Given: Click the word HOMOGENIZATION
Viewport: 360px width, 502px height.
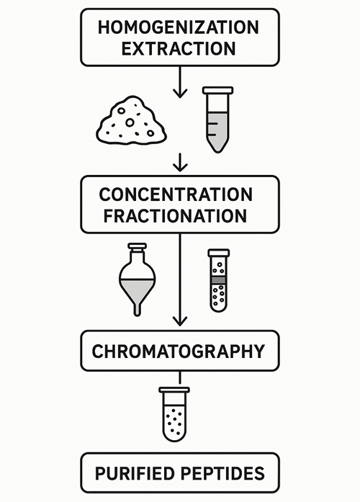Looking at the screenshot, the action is click(x=179, y=27).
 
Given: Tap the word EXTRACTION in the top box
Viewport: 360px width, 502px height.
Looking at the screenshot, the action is click(x=179, y=49).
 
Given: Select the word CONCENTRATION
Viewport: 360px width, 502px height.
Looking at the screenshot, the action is click(x=176, y=194).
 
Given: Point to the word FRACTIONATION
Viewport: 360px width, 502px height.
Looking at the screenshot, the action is click(x=175, y=216).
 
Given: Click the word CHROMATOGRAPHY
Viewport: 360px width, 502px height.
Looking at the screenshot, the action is click(x=179, y=351).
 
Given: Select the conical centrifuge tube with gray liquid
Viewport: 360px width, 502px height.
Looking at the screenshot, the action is click(x=218, y=120).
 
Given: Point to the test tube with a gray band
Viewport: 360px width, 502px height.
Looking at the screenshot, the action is click(x=219, y=280).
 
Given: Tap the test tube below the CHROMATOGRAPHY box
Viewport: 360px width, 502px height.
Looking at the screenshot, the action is click(x=174, y=414).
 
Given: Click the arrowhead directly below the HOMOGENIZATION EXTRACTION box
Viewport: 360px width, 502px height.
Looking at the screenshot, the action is click(x=180, y=94).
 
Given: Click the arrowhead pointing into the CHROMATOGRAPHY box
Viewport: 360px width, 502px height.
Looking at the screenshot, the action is click(x=180, y=321).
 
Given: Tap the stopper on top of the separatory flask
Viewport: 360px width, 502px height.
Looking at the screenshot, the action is click(x=138, y=246).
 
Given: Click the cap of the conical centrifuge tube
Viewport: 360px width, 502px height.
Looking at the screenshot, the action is click(x=218, y=90).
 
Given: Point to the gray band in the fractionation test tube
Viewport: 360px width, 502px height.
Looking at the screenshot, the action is click(x=219, y=280).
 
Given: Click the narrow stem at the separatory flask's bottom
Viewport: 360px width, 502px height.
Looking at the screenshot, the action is click(x=138, y=309).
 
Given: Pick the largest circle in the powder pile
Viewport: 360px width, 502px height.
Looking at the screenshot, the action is click(x=130, y=122).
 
